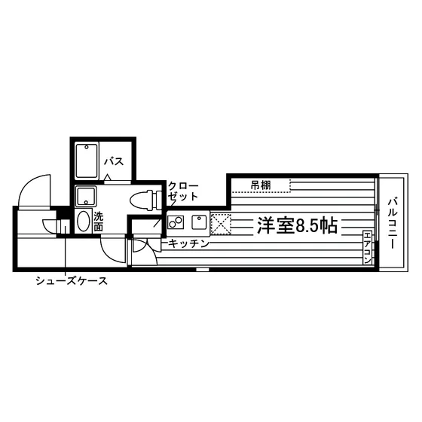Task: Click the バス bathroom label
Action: point(114,161)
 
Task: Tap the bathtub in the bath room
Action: point(87,161)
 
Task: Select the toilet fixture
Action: point(146,200)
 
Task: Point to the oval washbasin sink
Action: point(83,221)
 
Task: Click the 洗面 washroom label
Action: point(99,222)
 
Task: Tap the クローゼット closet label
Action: point(183,191)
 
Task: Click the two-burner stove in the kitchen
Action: point(176,222)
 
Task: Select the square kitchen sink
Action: point(199,222)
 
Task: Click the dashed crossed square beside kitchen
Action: point(221,224)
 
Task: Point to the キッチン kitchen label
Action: point(188,244)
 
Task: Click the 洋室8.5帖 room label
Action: point(297,225)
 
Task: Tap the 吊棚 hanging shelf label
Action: point(261,185)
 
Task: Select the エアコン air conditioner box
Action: point(368,247)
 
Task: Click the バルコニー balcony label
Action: point(393,223)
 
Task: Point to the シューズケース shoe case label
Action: point(72,281)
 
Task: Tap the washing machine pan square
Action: point(86,196)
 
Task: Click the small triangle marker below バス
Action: point(107,177)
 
